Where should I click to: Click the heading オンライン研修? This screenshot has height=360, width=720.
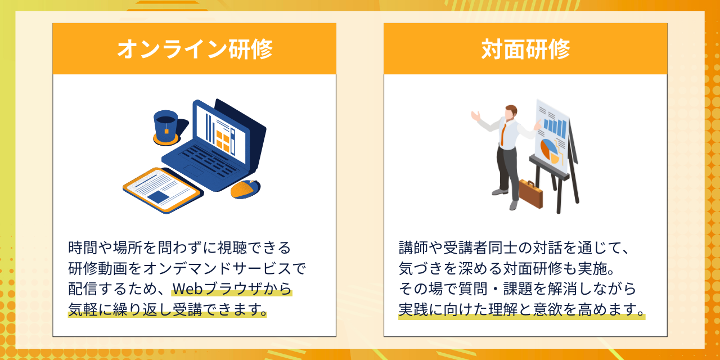[195, 49]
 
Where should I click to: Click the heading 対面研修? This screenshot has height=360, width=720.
[525, 49]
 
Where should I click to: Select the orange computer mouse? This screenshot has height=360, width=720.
[245, 189]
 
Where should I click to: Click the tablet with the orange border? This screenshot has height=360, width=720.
[163, 190]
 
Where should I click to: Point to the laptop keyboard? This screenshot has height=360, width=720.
[208, 161]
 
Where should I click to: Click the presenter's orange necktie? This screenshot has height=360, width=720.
[503, 135]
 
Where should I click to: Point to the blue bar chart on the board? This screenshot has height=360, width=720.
[555, 128]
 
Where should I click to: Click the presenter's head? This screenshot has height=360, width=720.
[510, 113]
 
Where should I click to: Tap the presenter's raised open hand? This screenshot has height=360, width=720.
[476, 115]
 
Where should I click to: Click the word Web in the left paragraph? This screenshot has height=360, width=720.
[188, 289]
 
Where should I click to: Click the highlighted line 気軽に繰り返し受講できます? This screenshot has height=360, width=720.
[167, 309]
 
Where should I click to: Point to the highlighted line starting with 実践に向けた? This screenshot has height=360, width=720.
[521, 309]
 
